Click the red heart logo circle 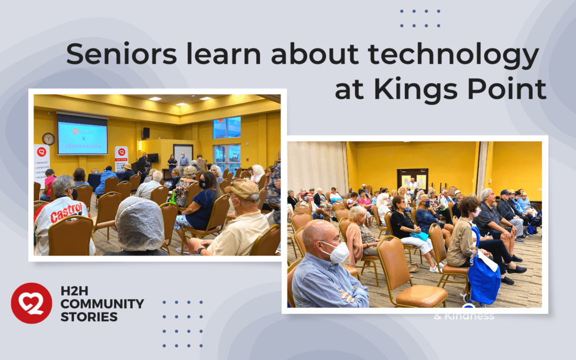(31, 303)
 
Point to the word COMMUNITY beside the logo (102, 304)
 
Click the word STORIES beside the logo (89, 317)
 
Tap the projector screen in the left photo (82, 134)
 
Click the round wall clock (49, 139)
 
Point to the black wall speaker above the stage (146, 133)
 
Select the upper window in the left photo (227, 128)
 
